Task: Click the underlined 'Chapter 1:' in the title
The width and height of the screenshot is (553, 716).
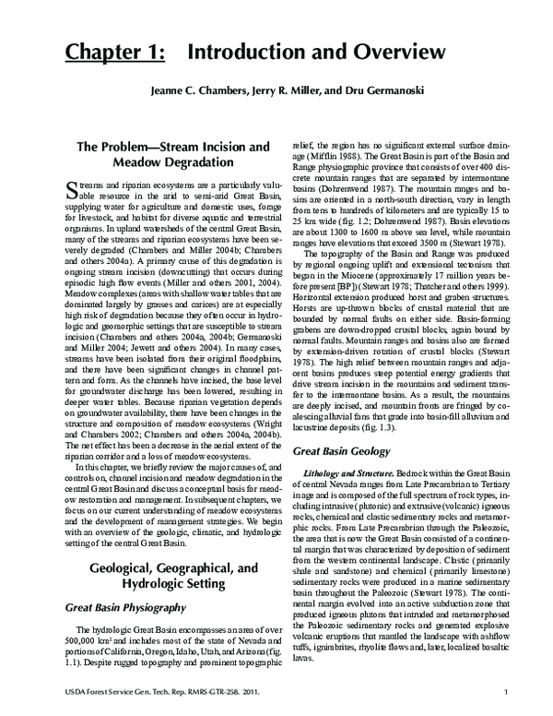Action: [114, 54]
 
